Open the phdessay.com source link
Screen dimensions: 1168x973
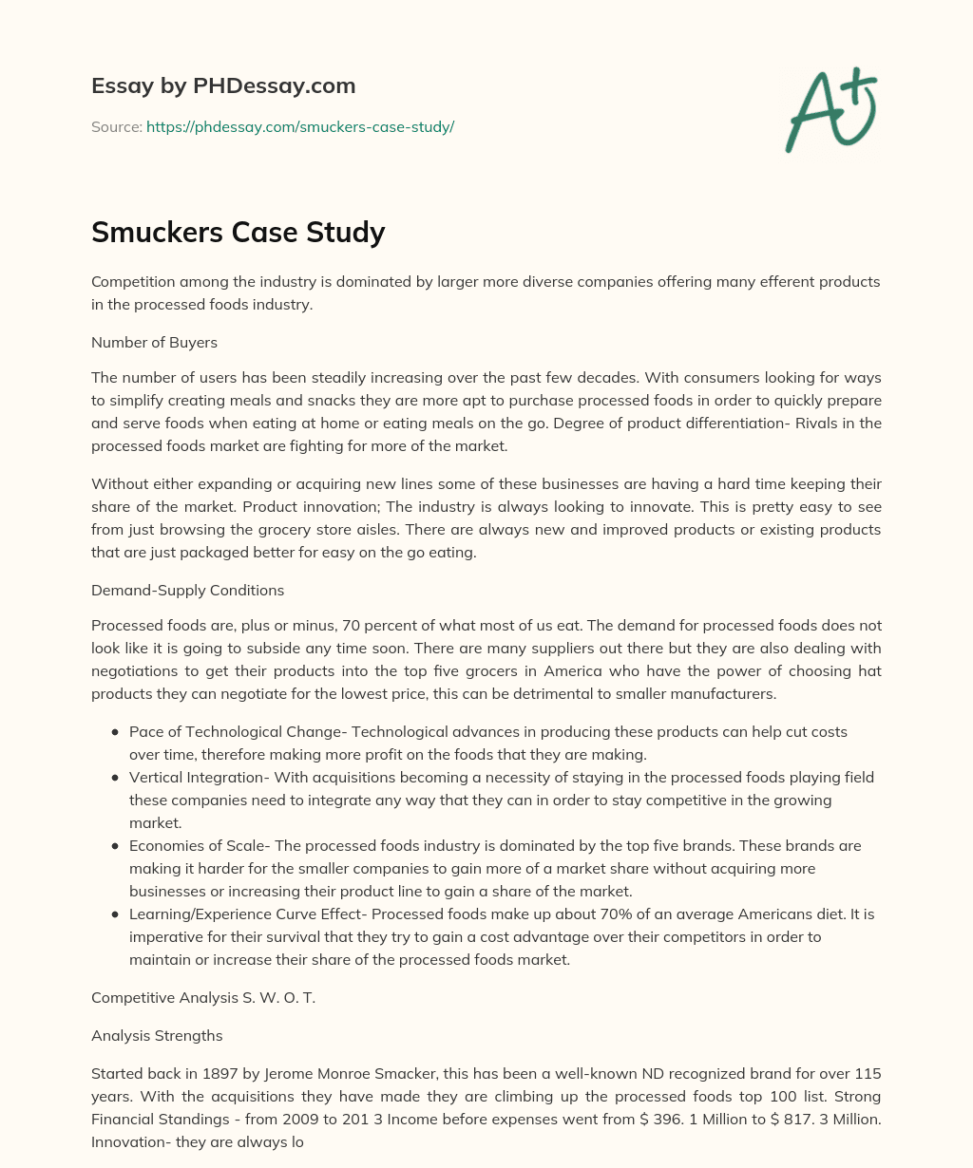(x=300, y=126)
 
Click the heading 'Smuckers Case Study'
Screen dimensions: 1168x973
(x=238, y=232)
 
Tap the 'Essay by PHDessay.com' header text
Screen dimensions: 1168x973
(x=223, y=85)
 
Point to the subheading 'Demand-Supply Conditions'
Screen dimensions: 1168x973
(x=187, y=590)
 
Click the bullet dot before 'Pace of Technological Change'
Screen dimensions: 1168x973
(x=115, y=732)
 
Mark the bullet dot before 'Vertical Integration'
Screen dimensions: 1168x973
(x=115, y=778)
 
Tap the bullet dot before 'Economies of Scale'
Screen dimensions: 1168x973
(x=115, y=846)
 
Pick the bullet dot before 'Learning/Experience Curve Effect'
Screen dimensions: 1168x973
(x=115, y=914)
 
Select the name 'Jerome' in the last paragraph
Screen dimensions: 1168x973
(x=282, y=1074)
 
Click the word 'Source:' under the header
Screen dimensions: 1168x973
(x=116, y=126)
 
